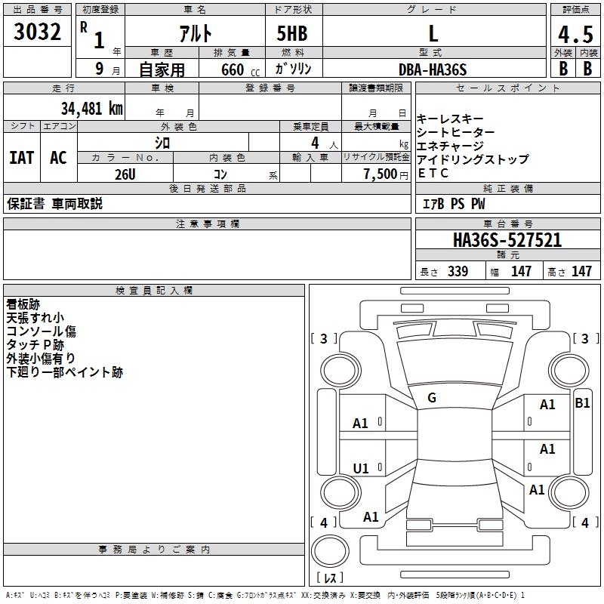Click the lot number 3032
(38, 32)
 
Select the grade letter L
(433, 33)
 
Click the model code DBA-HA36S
(433, 69)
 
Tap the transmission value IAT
(21, 158)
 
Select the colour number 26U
(125, 174)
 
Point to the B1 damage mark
(582, 403)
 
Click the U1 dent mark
(361, 469)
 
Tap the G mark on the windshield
(432, 398)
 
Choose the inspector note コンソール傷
(41, 331)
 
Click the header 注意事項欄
(207, 224)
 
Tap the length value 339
(457, 272)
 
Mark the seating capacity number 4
(313, 143)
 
